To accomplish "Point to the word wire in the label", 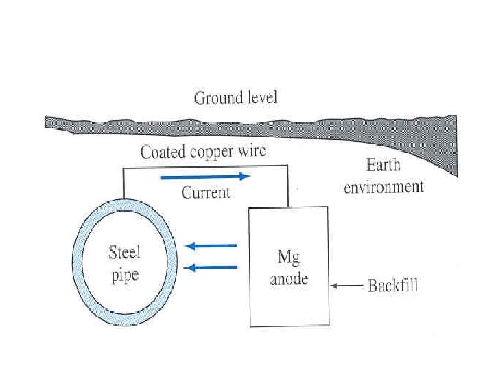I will point(251,152).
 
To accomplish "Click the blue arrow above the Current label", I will point(205,177).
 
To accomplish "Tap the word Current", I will point(205,192).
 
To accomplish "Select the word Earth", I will point(383,166).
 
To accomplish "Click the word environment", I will point(384,186).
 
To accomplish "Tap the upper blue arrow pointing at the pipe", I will point(211,245).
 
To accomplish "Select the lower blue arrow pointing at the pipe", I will point(211,267).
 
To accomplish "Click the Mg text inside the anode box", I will point(287,257).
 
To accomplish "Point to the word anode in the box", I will point(288,279).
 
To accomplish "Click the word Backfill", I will point(392,285).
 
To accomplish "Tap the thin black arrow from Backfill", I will point(346,285).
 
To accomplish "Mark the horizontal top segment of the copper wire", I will point(206,166).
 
